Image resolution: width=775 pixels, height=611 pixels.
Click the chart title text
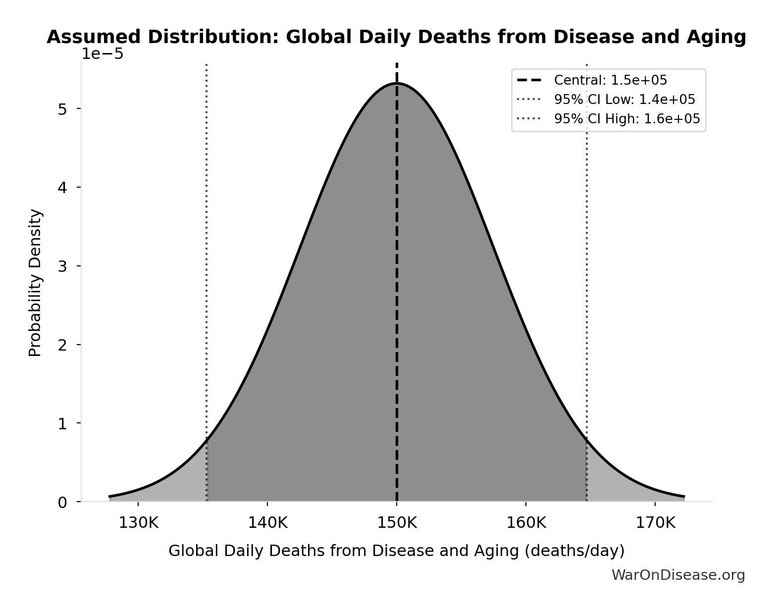coord(396,38)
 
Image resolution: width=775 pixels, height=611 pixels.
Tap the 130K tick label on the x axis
coord(138,523)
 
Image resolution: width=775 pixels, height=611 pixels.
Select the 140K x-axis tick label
coord(267,523)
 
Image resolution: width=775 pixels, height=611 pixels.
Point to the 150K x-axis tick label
coord(397,523)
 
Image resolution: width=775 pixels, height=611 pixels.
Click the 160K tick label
coord(526,523)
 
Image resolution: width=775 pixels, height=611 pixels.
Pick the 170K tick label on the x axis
coord(655,523)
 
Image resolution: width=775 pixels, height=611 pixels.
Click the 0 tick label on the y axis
coord(62,503)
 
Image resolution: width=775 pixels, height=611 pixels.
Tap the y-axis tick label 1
coord(62,424)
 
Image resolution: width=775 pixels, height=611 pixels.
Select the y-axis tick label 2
coord(62,345)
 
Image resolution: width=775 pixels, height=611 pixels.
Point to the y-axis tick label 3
coord(62,266)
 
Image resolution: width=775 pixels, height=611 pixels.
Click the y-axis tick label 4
coord(62,188)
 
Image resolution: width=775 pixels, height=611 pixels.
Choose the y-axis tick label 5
coord(62,109)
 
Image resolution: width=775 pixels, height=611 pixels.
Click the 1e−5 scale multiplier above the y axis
coord(103,54)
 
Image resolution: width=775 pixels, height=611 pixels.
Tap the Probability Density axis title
coord(35,283)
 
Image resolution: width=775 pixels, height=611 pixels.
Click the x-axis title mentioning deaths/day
coord(396,551)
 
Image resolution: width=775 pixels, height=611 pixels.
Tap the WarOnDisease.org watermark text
coord(678,575)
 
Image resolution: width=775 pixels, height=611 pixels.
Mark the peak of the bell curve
coord(397,83)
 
